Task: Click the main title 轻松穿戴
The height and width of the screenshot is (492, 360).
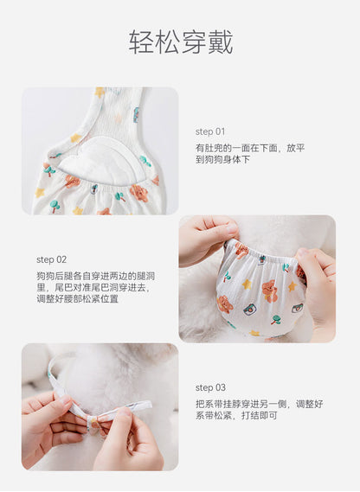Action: point(181,42)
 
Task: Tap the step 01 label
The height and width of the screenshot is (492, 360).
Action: point(210,131)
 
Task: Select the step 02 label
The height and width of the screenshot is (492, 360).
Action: point(52,259)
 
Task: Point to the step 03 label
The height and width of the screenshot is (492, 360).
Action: point(210,388)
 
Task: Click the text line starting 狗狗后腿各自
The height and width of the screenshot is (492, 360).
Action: point(96,276)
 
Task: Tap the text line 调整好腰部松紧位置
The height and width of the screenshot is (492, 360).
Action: point(77,298)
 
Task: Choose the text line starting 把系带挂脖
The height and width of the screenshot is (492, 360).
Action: point(259,404)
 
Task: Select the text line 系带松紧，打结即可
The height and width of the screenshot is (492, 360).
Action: point(236,415)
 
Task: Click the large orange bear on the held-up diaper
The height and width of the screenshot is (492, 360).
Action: point(268,291)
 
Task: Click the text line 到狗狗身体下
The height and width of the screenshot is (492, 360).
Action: point(222,159)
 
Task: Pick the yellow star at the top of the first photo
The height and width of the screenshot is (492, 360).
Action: point(100,93)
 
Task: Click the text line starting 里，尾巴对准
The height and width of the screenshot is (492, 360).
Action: point(93,287)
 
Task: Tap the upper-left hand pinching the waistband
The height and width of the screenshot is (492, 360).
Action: point(208,240)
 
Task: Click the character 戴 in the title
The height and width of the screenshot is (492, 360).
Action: point(221,42)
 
